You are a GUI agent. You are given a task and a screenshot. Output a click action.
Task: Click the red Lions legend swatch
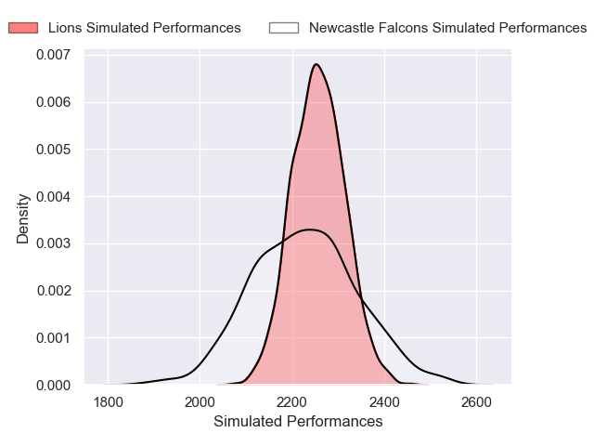coord(23,28)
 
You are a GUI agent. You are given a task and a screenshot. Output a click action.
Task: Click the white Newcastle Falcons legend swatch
coord(284,28)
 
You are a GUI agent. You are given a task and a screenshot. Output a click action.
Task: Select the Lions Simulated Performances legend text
coord(144,28)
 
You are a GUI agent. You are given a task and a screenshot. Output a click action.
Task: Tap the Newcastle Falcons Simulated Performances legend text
coord(447,28)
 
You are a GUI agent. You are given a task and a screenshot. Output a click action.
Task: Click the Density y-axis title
coord(23,218)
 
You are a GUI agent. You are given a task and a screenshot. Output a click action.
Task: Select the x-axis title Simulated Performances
coord(298,422)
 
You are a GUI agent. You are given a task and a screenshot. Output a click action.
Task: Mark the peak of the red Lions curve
coord(316,64)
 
